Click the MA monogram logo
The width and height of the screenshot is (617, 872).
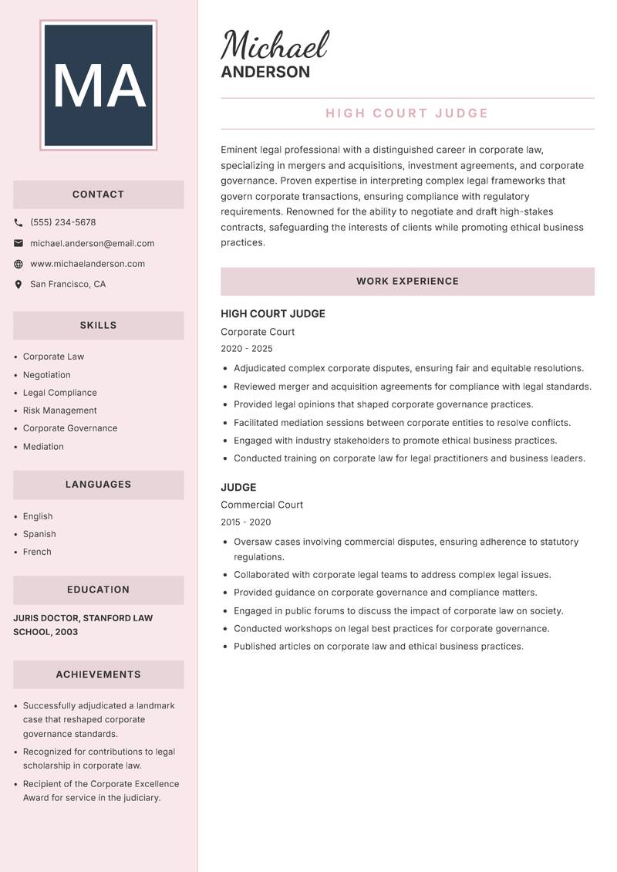[98, 85]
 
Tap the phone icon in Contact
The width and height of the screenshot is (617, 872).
[19, 222]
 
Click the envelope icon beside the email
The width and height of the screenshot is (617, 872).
[19, 243]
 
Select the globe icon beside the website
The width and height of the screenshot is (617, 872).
[19, 264]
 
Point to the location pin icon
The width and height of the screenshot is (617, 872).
[19, 284]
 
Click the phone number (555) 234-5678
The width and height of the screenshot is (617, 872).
[63, 222]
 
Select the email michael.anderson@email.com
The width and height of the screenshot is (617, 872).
[92, 243]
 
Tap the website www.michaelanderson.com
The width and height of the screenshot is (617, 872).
[87, 264]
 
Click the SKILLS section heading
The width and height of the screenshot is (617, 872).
[98, 326]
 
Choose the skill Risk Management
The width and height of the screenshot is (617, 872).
[59, 411]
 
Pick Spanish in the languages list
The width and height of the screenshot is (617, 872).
[39, 534]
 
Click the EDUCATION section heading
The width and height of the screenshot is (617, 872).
[98, 590]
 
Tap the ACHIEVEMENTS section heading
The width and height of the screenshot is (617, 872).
[98, 674]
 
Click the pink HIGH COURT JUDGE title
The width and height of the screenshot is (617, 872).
[407, 113]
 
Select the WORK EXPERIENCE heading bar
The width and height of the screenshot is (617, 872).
[407, 282]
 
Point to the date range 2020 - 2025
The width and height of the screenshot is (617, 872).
[247, 349]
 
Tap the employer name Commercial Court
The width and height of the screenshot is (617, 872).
[261, 505]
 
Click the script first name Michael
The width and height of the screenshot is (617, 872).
[275, 46]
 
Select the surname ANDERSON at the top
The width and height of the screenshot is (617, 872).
[265, 73]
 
